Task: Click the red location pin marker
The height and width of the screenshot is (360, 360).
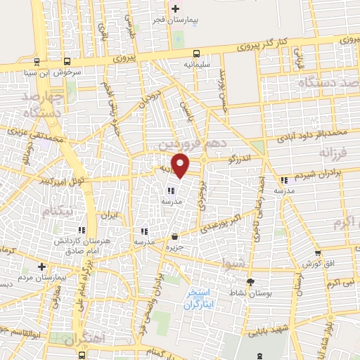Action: [x=181, y=165]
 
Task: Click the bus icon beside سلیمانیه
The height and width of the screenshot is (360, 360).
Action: [x=196, y=53]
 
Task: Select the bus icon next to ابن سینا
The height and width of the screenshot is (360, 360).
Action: [x=67, y=61]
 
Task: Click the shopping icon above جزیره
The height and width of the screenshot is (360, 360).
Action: [x=174, y=236]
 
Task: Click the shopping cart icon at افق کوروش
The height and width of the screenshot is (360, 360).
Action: [x=319, y=253]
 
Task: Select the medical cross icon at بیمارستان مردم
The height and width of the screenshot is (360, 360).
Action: [x=41, y=267]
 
